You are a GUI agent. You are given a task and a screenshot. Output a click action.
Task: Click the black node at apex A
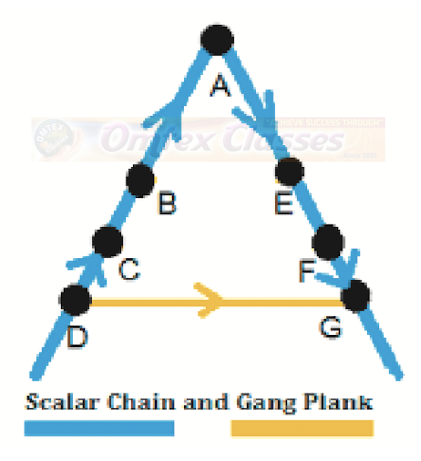point(217,39)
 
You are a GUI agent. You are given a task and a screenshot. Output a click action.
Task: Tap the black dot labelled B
point(141,181)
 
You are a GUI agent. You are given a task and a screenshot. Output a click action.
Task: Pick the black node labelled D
point(76,300)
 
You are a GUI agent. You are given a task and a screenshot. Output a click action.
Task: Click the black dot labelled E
point(289,171)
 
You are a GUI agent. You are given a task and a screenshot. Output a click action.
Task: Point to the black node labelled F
point(327,242)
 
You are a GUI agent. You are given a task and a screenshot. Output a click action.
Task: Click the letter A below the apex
point(220,85)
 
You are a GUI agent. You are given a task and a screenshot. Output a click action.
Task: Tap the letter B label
point(167,204)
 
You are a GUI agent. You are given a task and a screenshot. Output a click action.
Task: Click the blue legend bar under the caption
point(99,428)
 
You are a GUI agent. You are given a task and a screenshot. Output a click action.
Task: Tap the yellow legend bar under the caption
point(302,428)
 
